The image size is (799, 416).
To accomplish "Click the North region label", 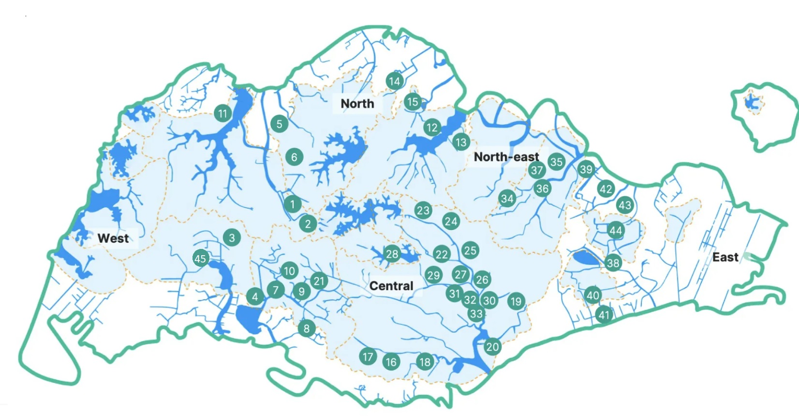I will [357, 104].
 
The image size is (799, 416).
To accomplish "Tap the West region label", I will [113, 238].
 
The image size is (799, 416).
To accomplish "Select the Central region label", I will [391, 286].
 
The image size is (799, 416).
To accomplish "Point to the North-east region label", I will [506, 157].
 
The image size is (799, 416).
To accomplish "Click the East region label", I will [725, 257].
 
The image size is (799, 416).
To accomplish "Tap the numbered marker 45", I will [200, 259].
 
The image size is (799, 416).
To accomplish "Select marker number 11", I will [222, 114].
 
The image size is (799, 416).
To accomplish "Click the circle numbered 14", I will [395, 81].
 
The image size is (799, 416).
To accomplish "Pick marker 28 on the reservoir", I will [392, 254].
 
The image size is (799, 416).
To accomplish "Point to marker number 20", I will [492, 347].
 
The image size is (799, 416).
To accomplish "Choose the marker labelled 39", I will [586, 169].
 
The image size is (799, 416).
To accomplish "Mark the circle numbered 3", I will [232, 238].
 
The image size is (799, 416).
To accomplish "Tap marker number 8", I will [307, 329].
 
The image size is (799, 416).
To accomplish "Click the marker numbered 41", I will [604, 315].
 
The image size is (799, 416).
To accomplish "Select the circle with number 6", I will [294, 157].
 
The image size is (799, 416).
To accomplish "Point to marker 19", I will [516, 302].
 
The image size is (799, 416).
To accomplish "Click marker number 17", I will [368, 357].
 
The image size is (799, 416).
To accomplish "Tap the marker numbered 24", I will [451, 222].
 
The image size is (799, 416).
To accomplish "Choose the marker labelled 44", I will [615, 231].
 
